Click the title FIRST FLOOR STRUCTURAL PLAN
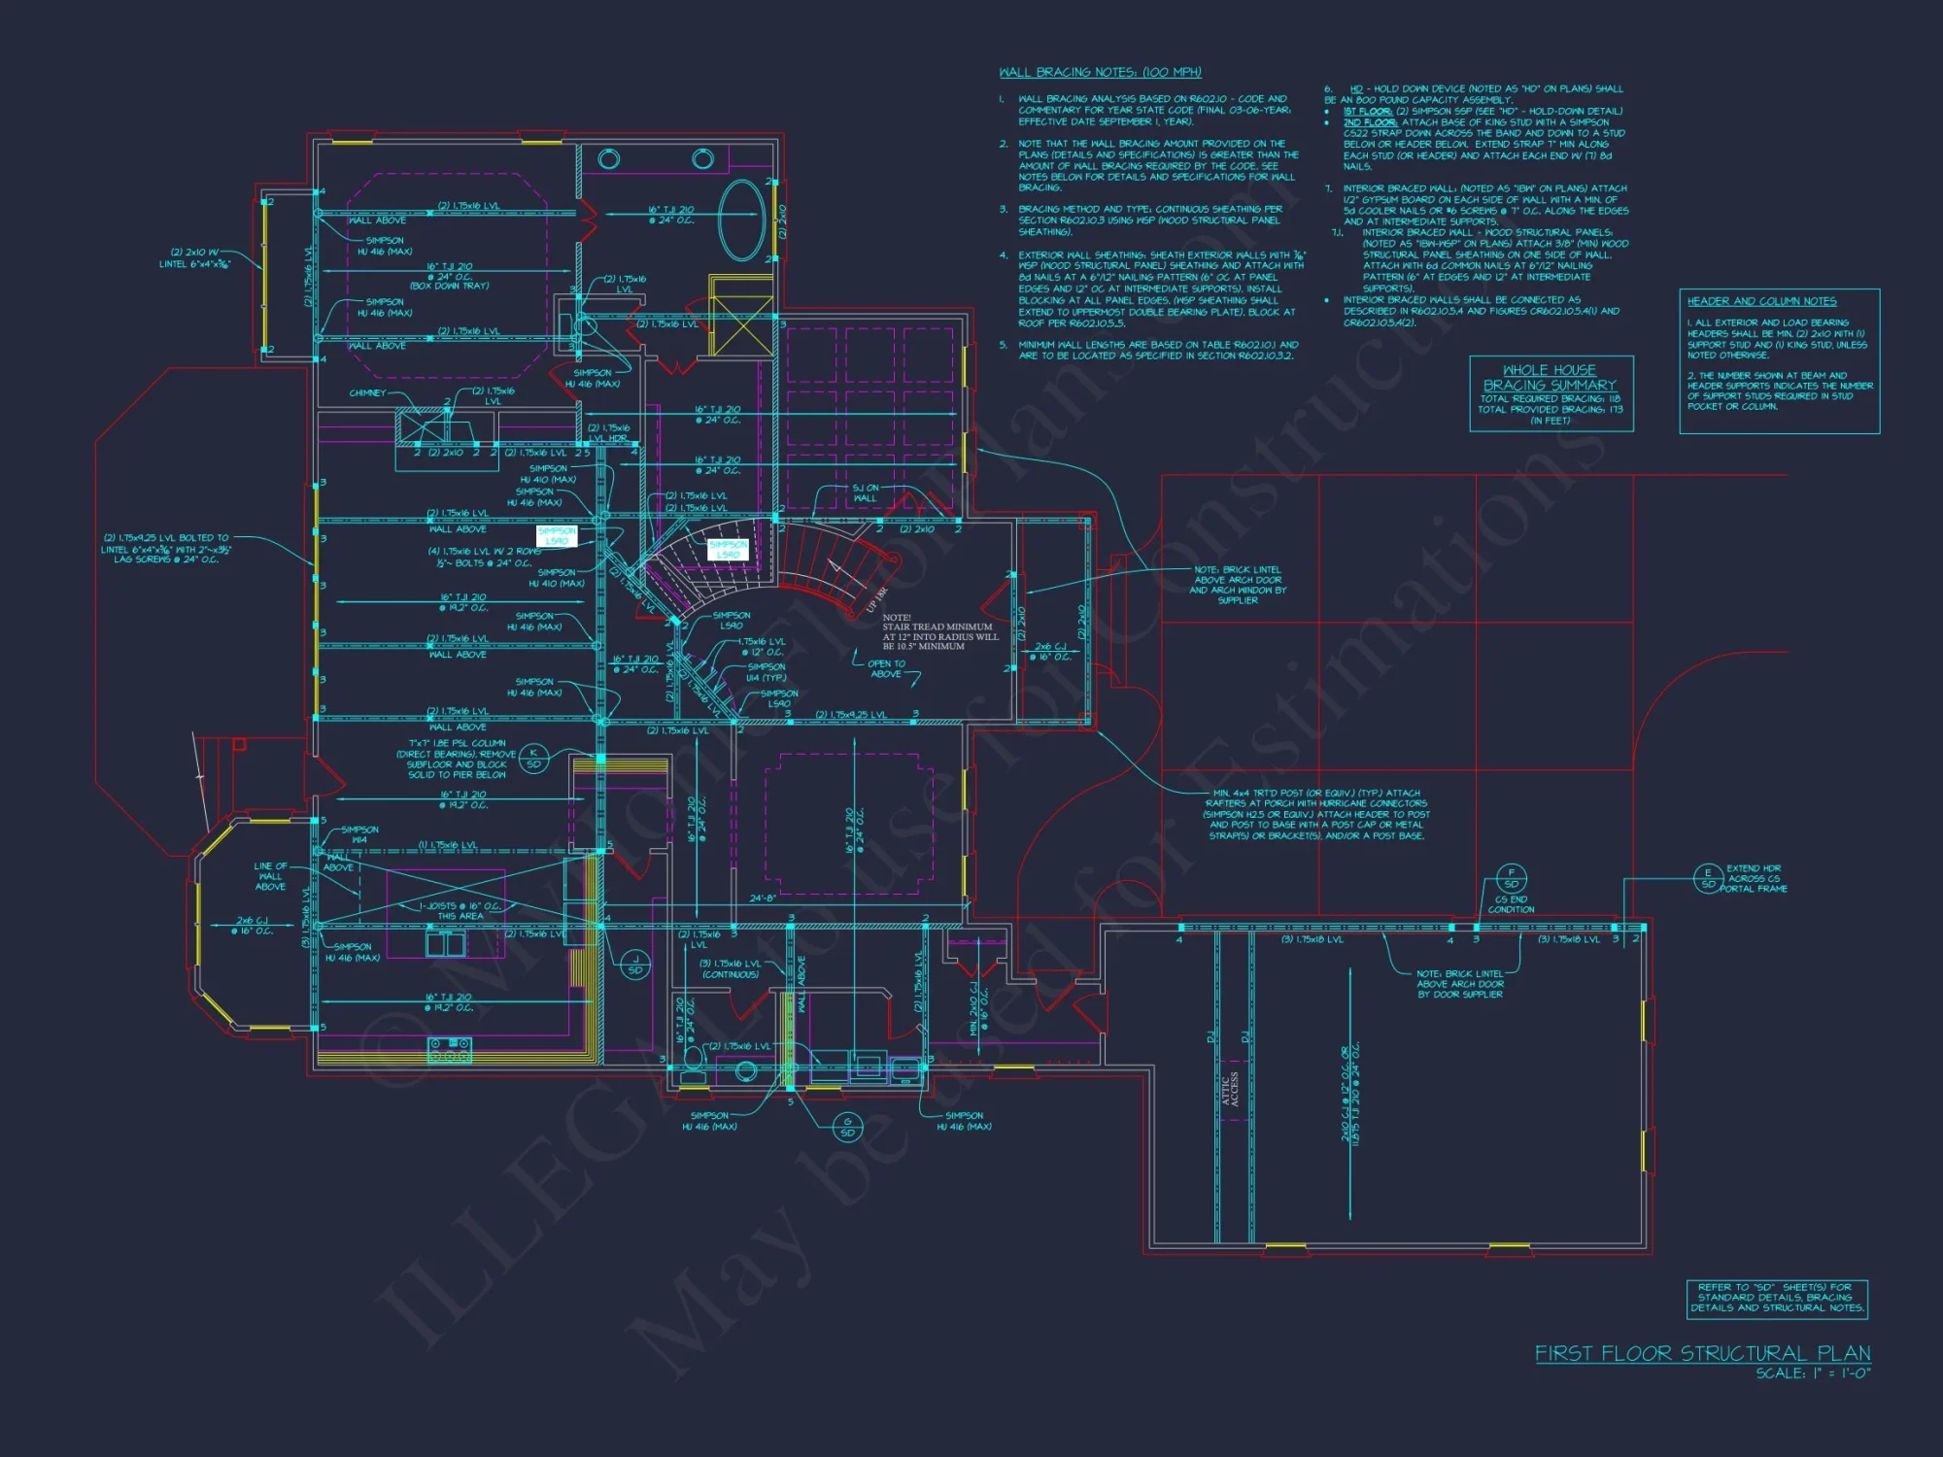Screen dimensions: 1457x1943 click(1702, 1353)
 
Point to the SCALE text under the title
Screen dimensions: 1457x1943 click(1812, 1373)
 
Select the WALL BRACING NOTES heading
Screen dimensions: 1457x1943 click(1100, 73)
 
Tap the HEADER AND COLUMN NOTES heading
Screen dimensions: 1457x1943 click(1761, 301)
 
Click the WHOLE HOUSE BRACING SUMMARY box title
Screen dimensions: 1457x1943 click(1550, 378)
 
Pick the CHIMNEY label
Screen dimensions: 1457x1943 click(367, 393)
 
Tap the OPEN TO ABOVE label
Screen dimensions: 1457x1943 click(886, 669)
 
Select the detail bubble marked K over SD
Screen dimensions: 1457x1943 click(533, 759)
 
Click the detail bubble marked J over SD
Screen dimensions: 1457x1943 click(635, 965)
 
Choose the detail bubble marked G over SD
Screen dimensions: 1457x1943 click(847, 1127)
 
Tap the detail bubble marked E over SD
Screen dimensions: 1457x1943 click(1708, 878)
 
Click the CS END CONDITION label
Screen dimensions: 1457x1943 click(1512, 904)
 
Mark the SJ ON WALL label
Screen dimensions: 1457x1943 click(865, 493)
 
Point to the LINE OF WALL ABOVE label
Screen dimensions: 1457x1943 click(270, 876)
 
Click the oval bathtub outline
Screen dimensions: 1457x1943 click(743, 220)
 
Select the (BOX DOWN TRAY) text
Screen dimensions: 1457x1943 click(449, 287)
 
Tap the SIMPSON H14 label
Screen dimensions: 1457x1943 click(359, 834)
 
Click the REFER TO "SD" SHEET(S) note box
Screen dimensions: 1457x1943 click(1777, 1298)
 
